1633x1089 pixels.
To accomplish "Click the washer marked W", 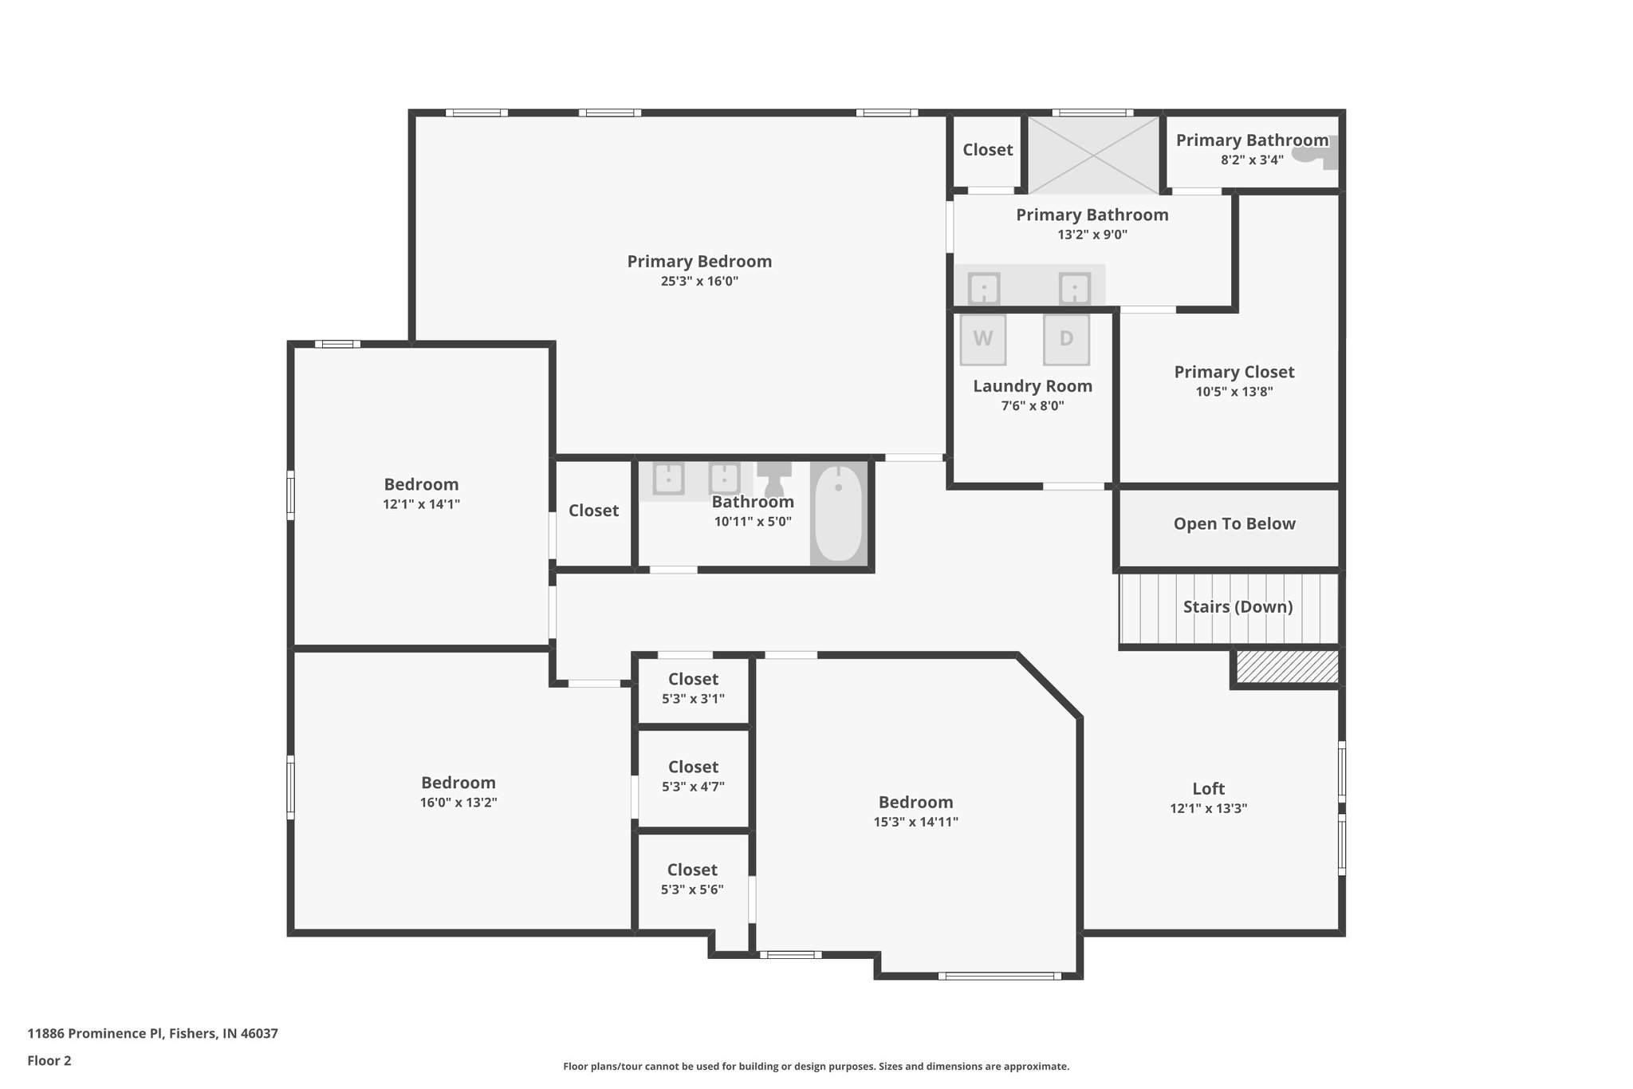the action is [982, 339].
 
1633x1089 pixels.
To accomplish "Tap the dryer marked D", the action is [1066, 339].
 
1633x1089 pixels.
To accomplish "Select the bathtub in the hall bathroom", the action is [838, 513].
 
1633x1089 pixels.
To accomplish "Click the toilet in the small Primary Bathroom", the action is [1315, 152].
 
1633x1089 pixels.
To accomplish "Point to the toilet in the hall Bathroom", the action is [773, 478].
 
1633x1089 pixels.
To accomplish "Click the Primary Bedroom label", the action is [699, 261].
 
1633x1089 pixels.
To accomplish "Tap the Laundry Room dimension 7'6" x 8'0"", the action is [1033, 406].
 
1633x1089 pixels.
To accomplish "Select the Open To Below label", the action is [1234, 524].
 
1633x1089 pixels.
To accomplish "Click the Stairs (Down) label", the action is [1238, 606].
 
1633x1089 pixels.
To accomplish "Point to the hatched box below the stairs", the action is [1287, 667].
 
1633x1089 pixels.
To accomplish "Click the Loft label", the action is [1208, 788].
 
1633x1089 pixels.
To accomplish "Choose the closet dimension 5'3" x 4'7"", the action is [693, 787].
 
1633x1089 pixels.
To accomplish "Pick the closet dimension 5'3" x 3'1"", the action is [693, 699].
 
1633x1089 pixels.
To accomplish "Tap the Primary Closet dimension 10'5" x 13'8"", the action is [1234, 392].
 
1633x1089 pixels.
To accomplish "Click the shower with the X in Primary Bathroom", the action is [1093, 155].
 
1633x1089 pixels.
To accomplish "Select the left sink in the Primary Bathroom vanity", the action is [984, 288].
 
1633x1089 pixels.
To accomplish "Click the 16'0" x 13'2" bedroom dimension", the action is [458, 803].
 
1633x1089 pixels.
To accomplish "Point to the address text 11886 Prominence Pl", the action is [95, 1034].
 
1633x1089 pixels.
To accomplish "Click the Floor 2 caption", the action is [49, 1061].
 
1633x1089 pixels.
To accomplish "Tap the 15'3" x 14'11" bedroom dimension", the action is [915, 822].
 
